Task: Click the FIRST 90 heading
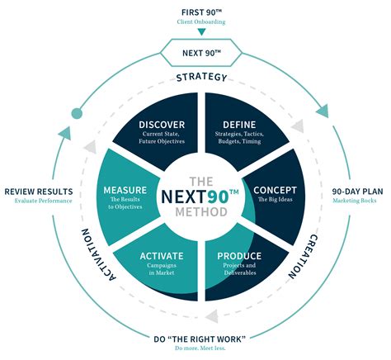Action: pos(201,12)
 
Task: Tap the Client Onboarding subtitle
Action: pos(201,21)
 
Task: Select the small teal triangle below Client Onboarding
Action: pos(201,32)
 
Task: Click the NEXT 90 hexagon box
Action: pos(201,53)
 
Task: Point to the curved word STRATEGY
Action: pos(201,78)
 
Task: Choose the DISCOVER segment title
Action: pos(162,125)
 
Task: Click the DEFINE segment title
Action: pos(239,125)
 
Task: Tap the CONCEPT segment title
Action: pos(275,190)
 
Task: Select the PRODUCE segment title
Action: pos(239,256)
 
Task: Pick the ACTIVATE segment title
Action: pos(162,256)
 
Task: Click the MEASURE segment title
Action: pos(125,190)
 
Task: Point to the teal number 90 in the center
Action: pos(218,197)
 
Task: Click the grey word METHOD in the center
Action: pos(201,212)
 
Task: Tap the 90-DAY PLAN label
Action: pos(357,192)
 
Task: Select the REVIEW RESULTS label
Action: pos(39,192)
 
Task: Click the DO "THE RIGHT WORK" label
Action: pos(200,339)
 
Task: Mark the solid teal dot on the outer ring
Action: pos(77,113)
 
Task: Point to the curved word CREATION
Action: pos(303,257)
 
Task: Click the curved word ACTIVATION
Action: pos(98,253)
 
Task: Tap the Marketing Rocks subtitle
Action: pos(355,201)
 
